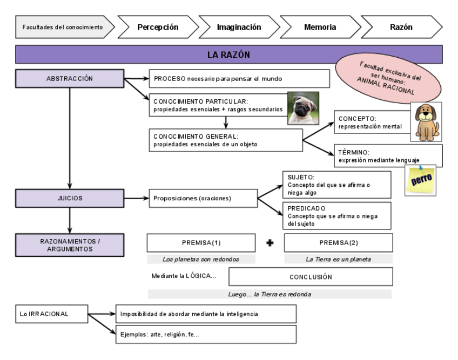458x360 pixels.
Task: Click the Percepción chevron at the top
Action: click(157, 27)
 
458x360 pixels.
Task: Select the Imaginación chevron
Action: click(238, 27)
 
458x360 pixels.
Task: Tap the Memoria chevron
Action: click(319, 27)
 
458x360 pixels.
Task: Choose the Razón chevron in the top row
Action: click(401, 27)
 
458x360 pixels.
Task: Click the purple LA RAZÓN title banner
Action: click(228, 55)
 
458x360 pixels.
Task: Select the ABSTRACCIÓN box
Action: click(70, 79)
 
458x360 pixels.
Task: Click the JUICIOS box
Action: click(70, 198)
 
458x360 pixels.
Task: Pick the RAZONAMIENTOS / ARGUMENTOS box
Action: click(70, 245)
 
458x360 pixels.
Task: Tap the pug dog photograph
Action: click(302, 108)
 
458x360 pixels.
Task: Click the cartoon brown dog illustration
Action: click(426, 122)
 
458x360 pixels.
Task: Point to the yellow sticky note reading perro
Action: click(421, 180)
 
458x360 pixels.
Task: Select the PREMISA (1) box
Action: click(201, 243)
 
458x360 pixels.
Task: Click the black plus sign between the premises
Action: click(270, 243)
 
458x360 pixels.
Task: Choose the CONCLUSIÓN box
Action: click(311, 277)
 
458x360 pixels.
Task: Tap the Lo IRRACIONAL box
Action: click(51, 314)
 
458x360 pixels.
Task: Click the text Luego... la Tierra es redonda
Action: click(270, 294)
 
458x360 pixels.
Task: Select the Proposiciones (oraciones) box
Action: click(203, 198)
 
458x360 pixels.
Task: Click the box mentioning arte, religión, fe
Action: click(206, 334)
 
